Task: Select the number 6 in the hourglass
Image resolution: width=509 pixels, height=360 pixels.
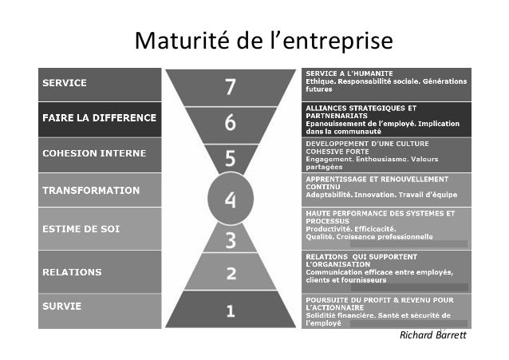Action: click(x=230, y=123)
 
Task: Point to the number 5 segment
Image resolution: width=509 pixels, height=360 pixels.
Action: click(x=230, y=158)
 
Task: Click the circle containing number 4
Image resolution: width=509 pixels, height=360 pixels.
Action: click(x=231, y=200)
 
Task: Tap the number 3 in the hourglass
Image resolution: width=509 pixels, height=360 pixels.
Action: click(x=230, y=239)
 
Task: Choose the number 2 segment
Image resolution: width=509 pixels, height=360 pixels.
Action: click(x=230, y=274)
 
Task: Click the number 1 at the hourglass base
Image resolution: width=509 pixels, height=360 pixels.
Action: click(x=230, y=310)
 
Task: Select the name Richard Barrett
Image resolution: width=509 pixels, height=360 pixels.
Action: click(x=434, y=335)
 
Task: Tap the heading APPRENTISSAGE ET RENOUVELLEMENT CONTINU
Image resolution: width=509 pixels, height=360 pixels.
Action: click(x=377, y=183)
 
